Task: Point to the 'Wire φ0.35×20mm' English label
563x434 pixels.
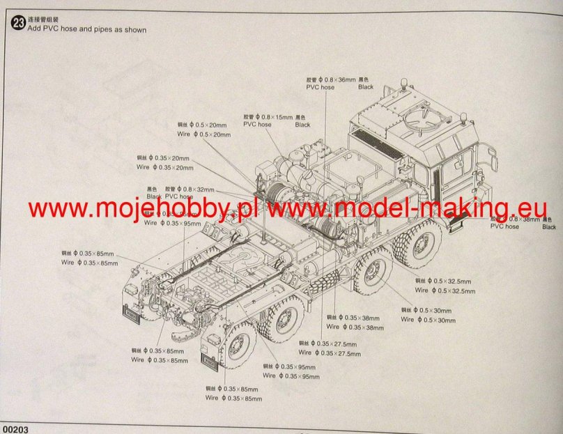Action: [165, 167]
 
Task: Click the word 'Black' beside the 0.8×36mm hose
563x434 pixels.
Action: [366, 87]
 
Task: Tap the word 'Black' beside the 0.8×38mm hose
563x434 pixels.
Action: [549, 226]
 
